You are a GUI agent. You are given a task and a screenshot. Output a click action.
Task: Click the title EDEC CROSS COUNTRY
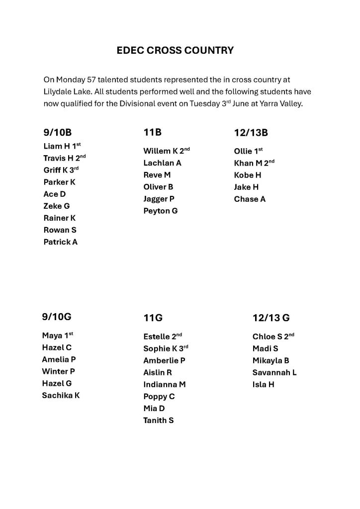175,50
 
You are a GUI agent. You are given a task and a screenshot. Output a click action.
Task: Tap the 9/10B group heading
58,132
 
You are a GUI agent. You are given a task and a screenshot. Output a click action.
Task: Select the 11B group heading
152,132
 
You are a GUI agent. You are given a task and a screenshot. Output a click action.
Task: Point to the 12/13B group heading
251,133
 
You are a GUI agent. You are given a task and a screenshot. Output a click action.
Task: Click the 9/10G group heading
57,316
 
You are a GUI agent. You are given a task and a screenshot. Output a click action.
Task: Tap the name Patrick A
61,242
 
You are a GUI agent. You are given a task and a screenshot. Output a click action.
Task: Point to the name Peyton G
160,211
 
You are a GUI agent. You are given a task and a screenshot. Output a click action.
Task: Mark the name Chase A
250,199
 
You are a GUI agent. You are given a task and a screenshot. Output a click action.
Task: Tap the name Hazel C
57,347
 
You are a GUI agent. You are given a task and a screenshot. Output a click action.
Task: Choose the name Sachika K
61,395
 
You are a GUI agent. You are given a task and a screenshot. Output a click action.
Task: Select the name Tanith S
158,420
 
